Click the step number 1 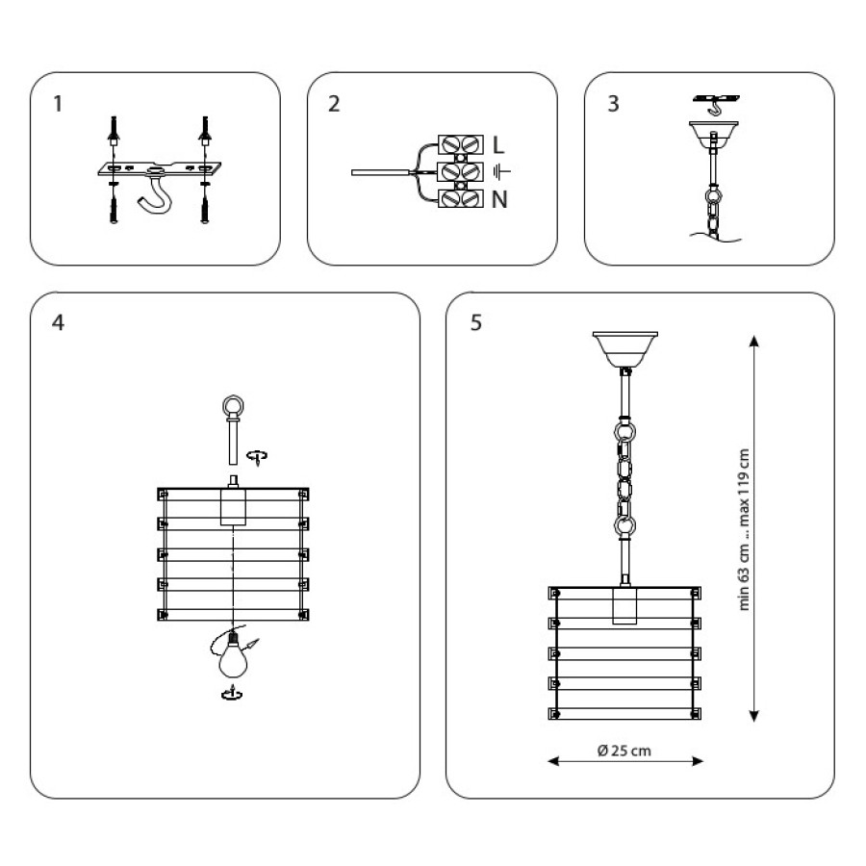coord(58,104)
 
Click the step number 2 coord(334,104)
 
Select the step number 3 coord(613,104)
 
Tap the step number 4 coord(58,322)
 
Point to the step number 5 coord(476,322)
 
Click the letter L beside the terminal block coord(498,145)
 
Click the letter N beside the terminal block coord(499,199)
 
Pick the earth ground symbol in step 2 coord(501,172)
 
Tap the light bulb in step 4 coord(233,657)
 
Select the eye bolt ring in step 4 coord(233,407)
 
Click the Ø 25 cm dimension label coord(624,751)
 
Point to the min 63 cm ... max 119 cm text coord(744,529)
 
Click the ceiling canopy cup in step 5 coord(625,349)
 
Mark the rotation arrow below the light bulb coord(232,693)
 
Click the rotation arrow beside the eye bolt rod coord(257,457)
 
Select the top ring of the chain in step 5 coord(625,431)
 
